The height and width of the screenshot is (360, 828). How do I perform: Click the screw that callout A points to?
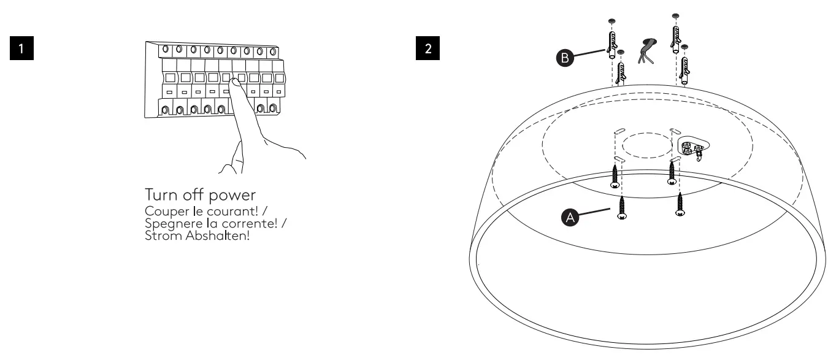coord(621,207)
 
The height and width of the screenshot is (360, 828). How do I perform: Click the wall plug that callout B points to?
coord(610,43)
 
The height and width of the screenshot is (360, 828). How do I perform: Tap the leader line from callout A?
coord(597,210)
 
